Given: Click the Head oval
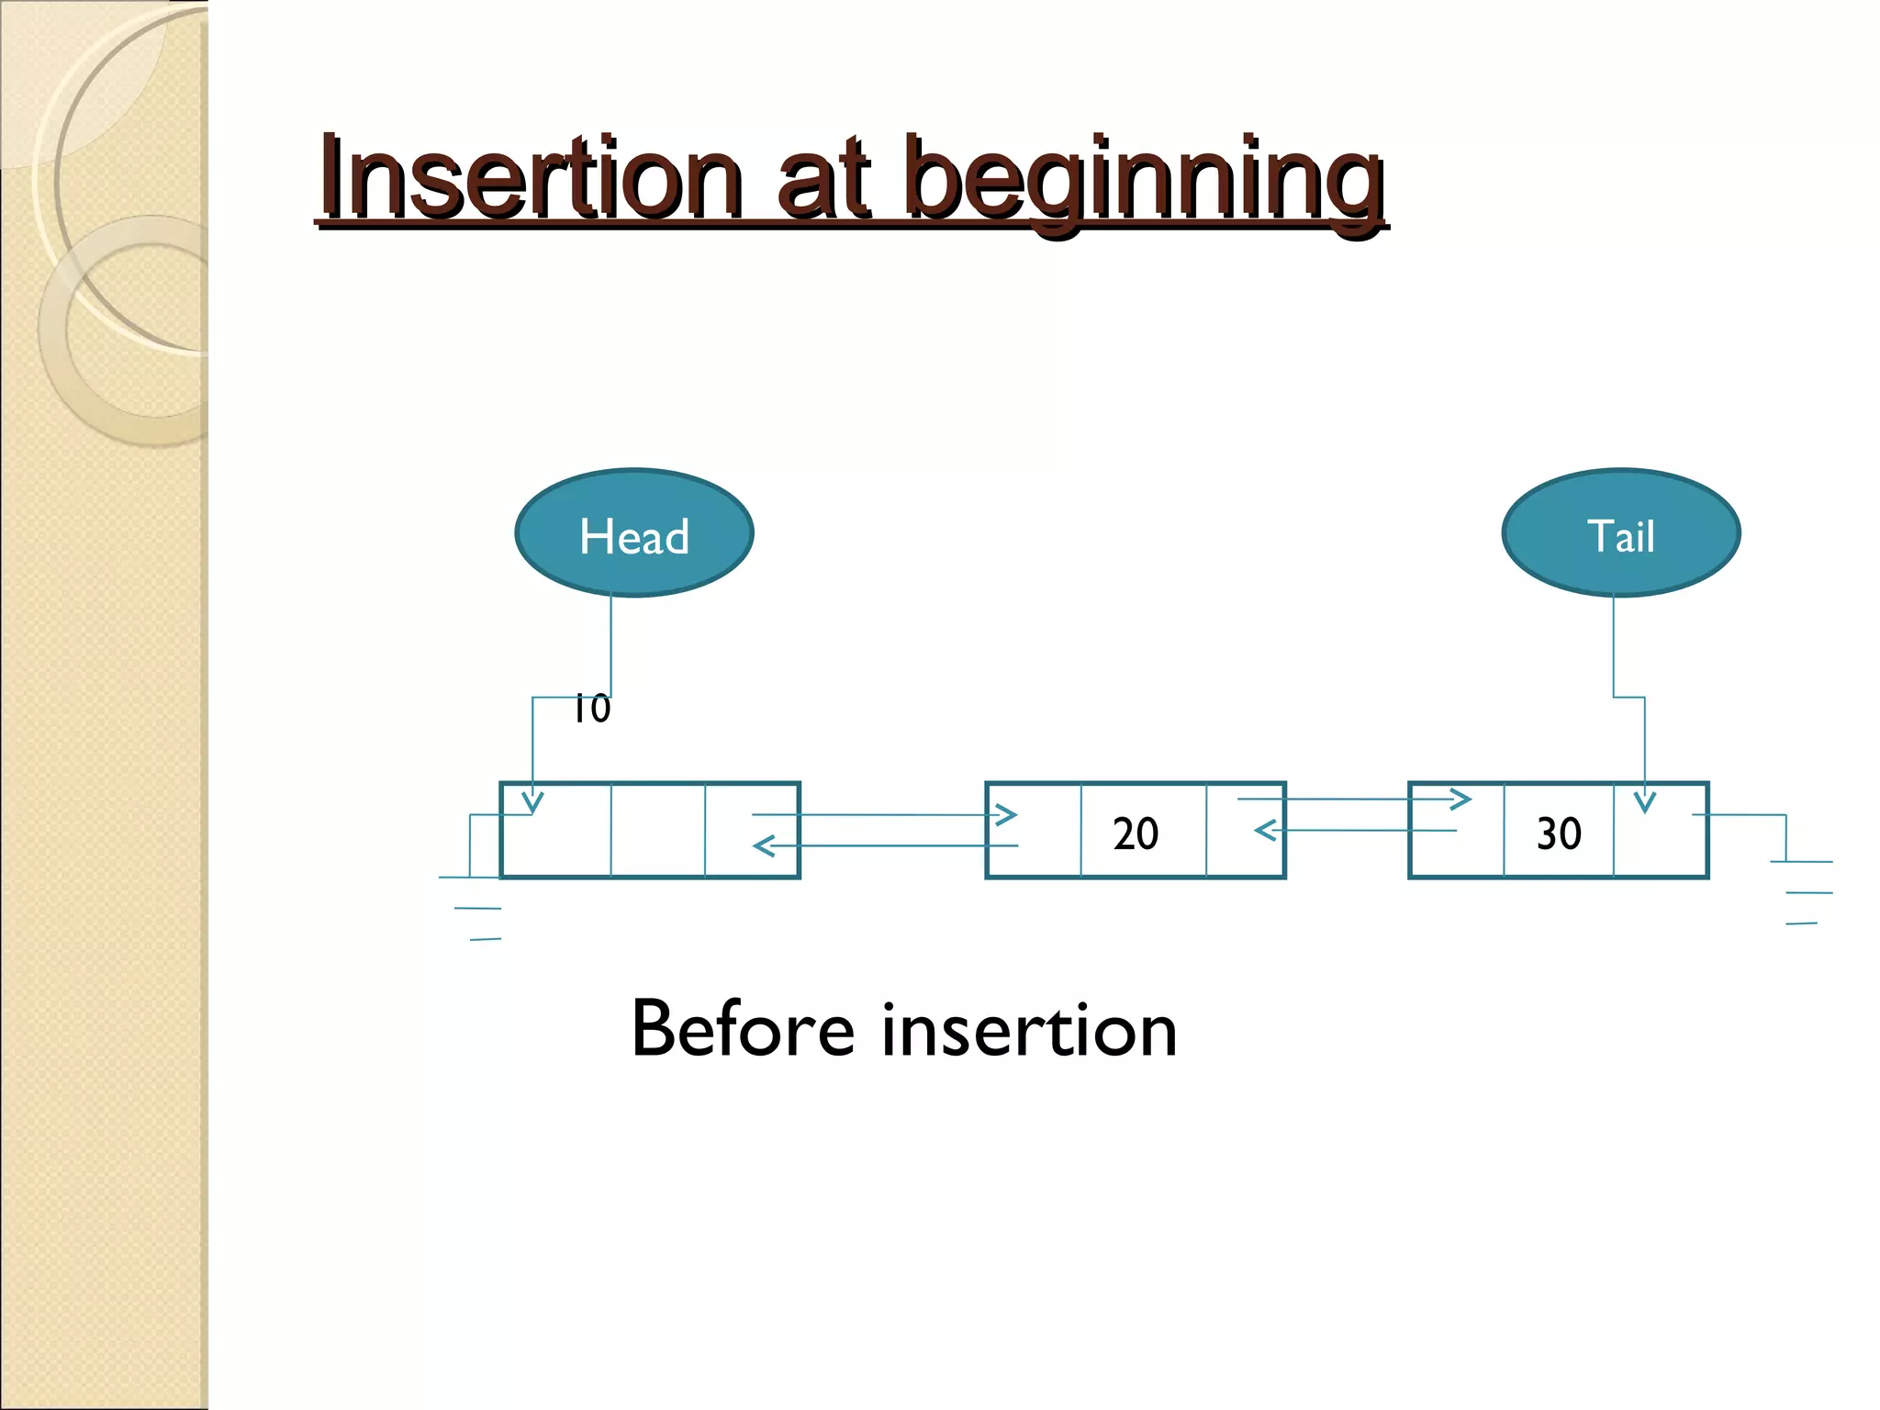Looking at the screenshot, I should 633,533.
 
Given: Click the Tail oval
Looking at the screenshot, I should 1621,533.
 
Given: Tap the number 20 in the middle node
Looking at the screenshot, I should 1136,834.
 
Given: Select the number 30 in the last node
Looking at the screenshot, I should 1559,834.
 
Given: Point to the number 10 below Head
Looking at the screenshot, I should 592,710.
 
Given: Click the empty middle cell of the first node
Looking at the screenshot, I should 657,831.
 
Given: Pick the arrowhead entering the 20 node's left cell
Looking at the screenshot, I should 1007,814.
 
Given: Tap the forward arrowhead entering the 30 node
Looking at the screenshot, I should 1460,800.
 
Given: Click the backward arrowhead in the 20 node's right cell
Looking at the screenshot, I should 1265,831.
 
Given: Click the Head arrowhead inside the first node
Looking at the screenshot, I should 532,802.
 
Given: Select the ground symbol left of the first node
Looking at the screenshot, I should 472,908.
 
